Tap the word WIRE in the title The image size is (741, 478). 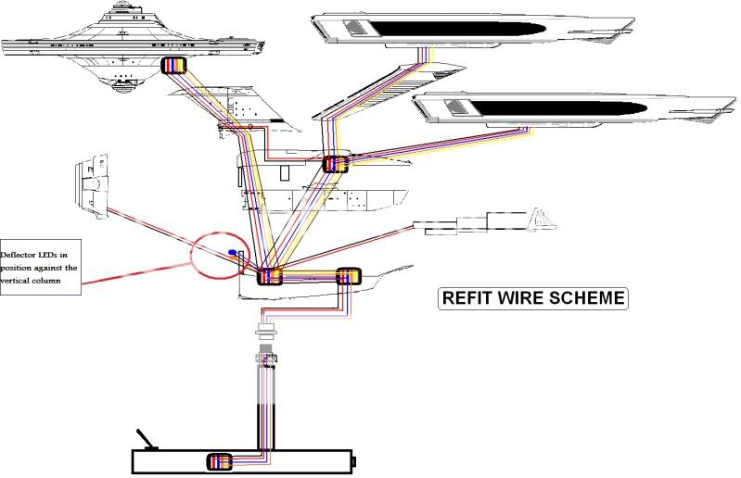[x=524, y=298]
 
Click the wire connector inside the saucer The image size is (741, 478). [x=173, y=66]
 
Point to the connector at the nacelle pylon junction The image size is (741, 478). [x=334, y=165]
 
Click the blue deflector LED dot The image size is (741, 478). [x=231, y=252]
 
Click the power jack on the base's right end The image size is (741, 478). [x=353, y=460]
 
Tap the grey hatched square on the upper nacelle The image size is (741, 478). [x=352, y=29]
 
